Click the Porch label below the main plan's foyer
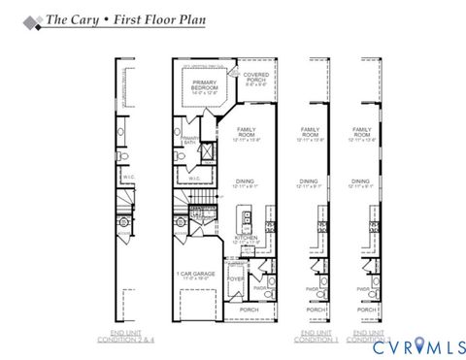(249, 310)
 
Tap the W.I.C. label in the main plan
(194, 178)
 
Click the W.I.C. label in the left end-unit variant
(129, 177)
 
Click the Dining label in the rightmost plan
(360, 181)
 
